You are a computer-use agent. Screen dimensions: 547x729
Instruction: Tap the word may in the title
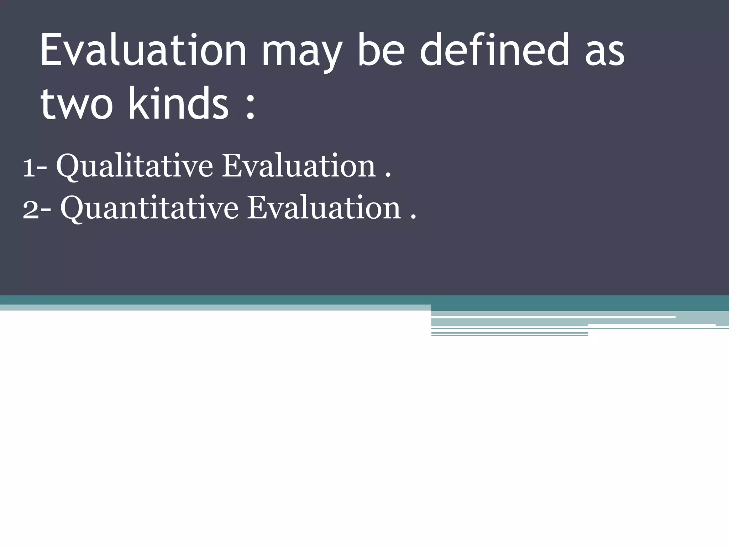tap(302, 53)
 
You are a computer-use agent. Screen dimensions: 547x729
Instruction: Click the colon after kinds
tap(251, 107)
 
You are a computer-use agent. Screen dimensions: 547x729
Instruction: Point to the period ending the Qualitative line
tap(388, 175)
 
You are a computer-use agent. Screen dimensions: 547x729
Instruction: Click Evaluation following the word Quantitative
tap(324, 208)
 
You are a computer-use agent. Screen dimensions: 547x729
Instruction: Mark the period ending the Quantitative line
tap(413, 217)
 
